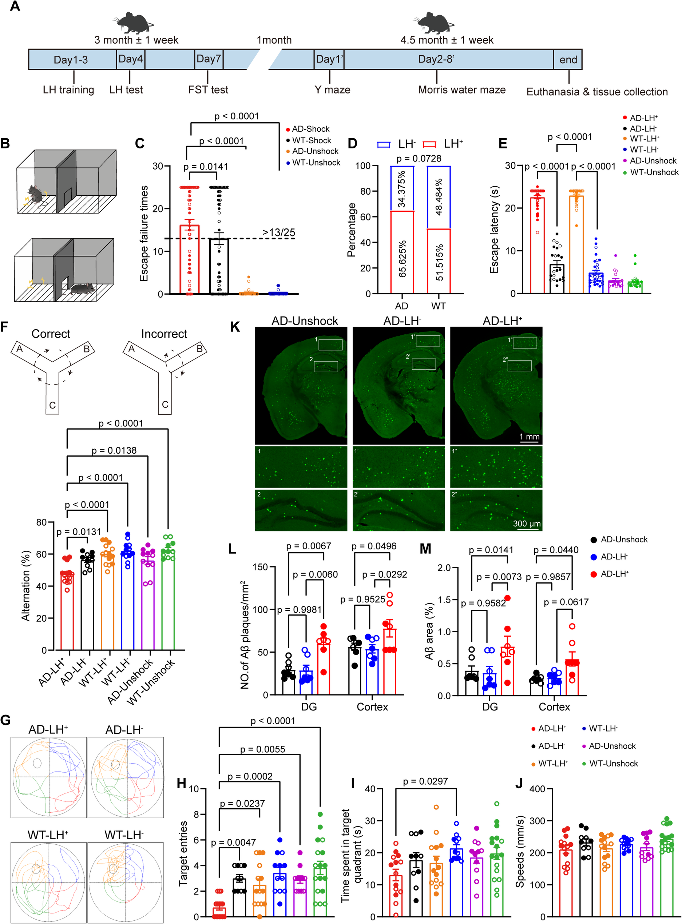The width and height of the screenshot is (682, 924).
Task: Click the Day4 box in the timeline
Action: tap(130, 59)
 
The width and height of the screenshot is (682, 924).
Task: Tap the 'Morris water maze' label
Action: tap(461, 89)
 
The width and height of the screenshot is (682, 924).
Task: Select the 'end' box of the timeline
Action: tap(568, 60)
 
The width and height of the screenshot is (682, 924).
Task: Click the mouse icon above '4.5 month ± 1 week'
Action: tap(433, 23)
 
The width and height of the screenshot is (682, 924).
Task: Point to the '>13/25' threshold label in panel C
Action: tap(279, 232)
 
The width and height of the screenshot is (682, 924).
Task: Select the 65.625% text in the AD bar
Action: tap(403, 259)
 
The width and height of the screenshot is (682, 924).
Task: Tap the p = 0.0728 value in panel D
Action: tap(419, 159)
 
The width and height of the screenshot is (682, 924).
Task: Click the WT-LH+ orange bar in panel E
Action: tap(576, 243)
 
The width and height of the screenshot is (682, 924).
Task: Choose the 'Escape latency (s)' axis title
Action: tap(494, 230)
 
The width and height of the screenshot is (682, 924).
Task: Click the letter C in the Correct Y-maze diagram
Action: tap(52, 405)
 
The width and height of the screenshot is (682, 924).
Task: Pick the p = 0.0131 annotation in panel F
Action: tap(79, 532)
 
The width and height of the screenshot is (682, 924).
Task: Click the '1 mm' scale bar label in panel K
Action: tap(529, 437)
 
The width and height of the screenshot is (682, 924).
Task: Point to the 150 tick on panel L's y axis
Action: tap(261, 567)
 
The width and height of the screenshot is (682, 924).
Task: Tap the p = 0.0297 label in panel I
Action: tap(425, 781)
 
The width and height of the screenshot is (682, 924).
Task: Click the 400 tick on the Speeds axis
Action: tap(537, 789)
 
